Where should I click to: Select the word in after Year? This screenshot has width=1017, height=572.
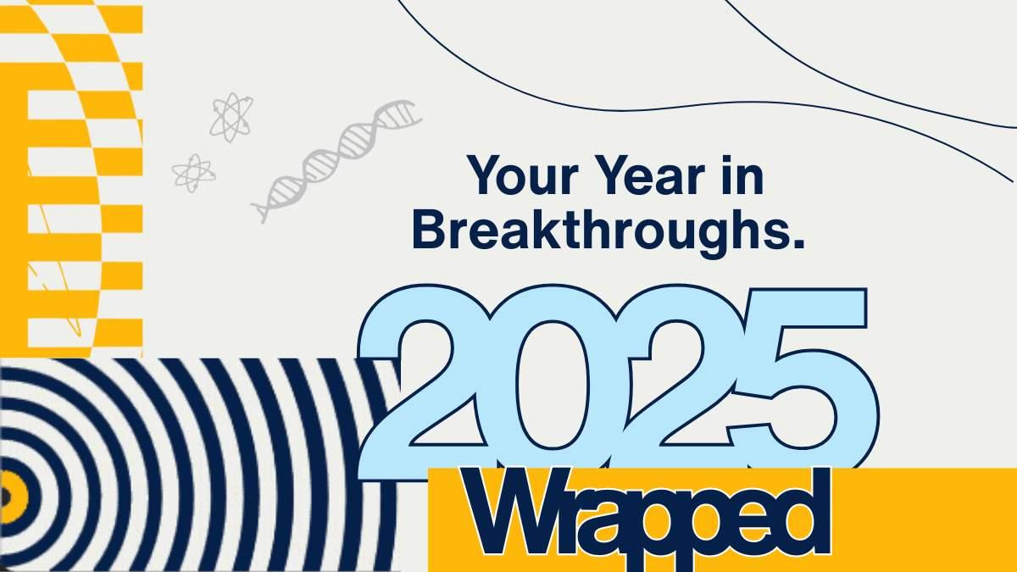tap(746, 177)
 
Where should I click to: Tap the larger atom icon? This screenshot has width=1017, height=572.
tap(231, 117)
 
